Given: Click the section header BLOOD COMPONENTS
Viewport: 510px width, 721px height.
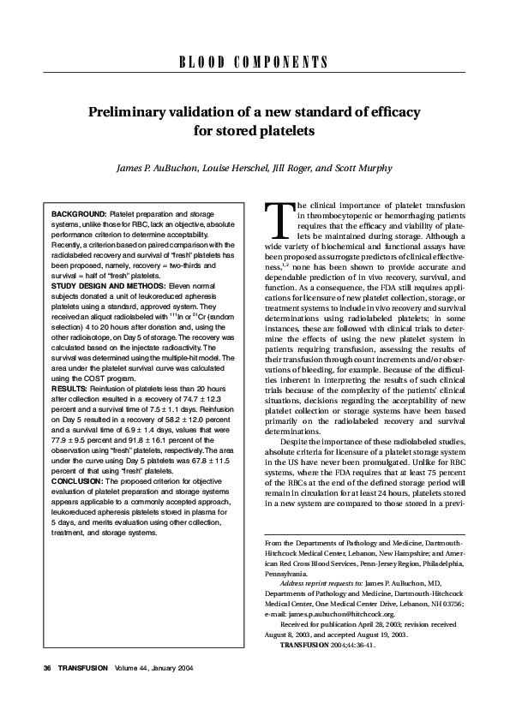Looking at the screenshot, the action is pyautogui.click(x=255, y=63).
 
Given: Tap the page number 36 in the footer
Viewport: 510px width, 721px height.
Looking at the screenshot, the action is pyautogui.click(x=35, y=690).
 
